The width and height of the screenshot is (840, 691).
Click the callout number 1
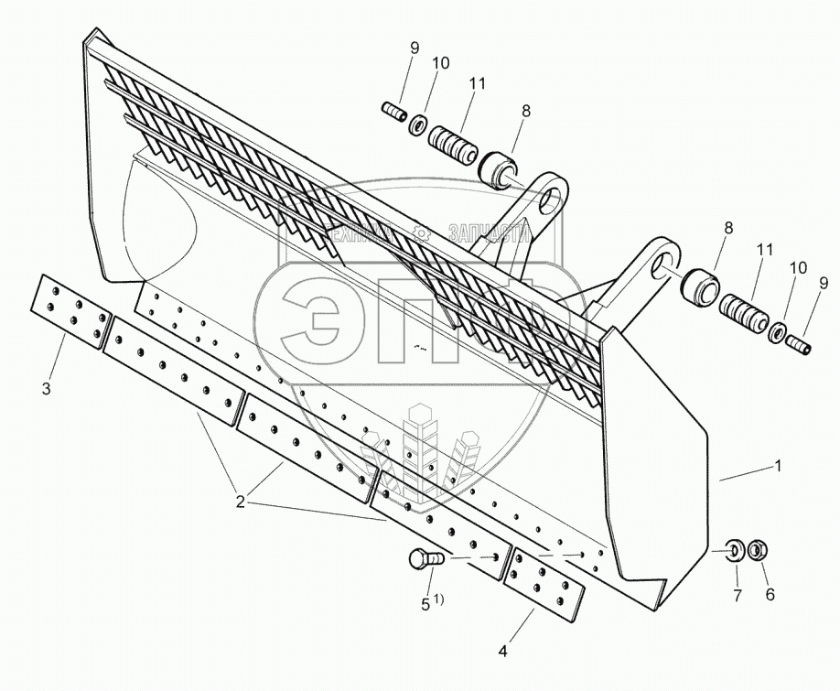pos(778,465)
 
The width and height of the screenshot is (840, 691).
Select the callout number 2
pos(240,502)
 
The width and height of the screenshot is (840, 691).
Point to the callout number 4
pos(501,653)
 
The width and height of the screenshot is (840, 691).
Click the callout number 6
pos(770,595)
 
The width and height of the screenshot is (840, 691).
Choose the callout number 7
pos(737,595)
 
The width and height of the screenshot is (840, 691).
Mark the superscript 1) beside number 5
pos(438,599)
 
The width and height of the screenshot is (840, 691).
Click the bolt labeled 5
pos(422,557)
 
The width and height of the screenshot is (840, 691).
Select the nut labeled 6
pos(757,552)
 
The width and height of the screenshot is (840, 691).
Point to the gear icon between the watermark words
pos(422,232)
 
